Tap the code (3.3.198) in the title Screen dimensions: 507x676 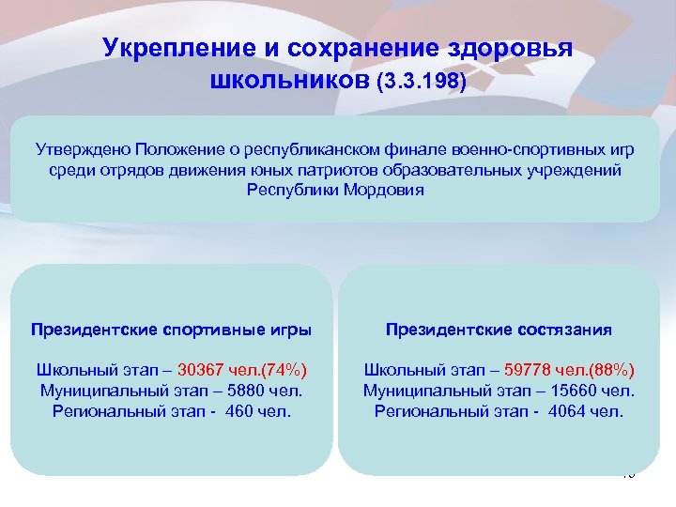[x=420, y=84]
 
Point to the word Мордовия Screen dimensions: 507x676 [x=385, y=190]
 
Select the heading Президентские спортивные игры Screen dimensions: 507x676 [x=170, y=330]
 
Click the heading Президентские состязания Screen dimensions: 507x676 [x=499, y=330]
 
